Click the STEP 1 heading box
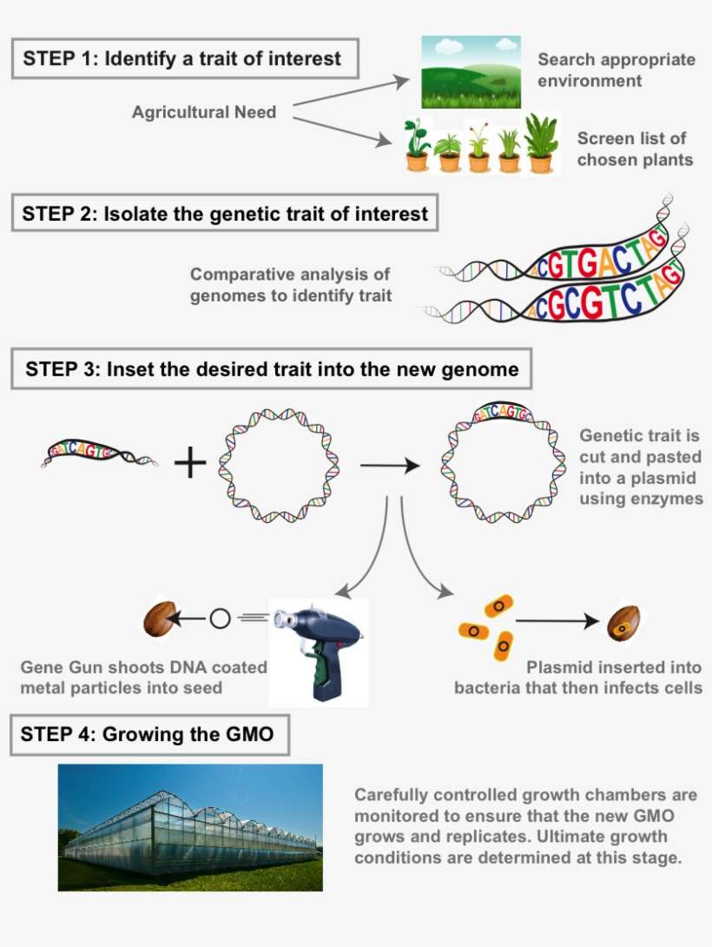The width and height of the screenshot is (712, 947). click(x=185, y=59)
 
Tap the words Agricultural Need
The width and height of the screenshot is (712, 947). click(x=204, y=112)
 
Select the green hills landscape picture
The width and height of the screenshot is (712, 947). click(x=470, y=72)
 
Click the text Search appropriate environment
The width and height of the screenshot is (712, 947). click(x=616, y=70)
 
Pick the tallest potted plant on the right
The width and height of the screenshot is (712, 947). click(x=542, y=144)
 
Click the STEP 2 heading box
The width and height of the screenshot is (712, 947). click(x=225, y=214)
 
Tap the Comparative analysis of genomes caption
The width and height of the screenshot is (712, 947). click(x=291, y=285)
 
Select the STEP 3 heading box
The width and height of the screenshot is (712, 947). click(x=271, y=369)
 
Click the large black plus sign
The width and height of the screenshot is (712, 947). click(x=191, y=464)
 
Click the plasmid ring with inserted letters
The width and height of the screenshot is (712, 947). click(x=500, y=464)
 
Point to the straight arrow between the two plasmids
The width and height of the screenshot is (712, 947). click(x=389, y=466)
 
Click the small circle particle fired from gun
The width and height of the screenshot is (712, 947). click(x=220, y=619)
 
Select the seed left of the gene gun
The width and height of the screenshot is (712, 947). click(x=159, y=619)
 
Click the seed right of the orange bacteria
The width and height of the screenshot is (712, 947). click(x=622, y=620)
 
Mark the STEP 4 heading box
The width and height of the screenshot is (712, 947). click(x=149, y=735)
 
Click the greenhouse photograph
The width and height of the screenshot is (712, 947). click(x=190, y=827)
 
